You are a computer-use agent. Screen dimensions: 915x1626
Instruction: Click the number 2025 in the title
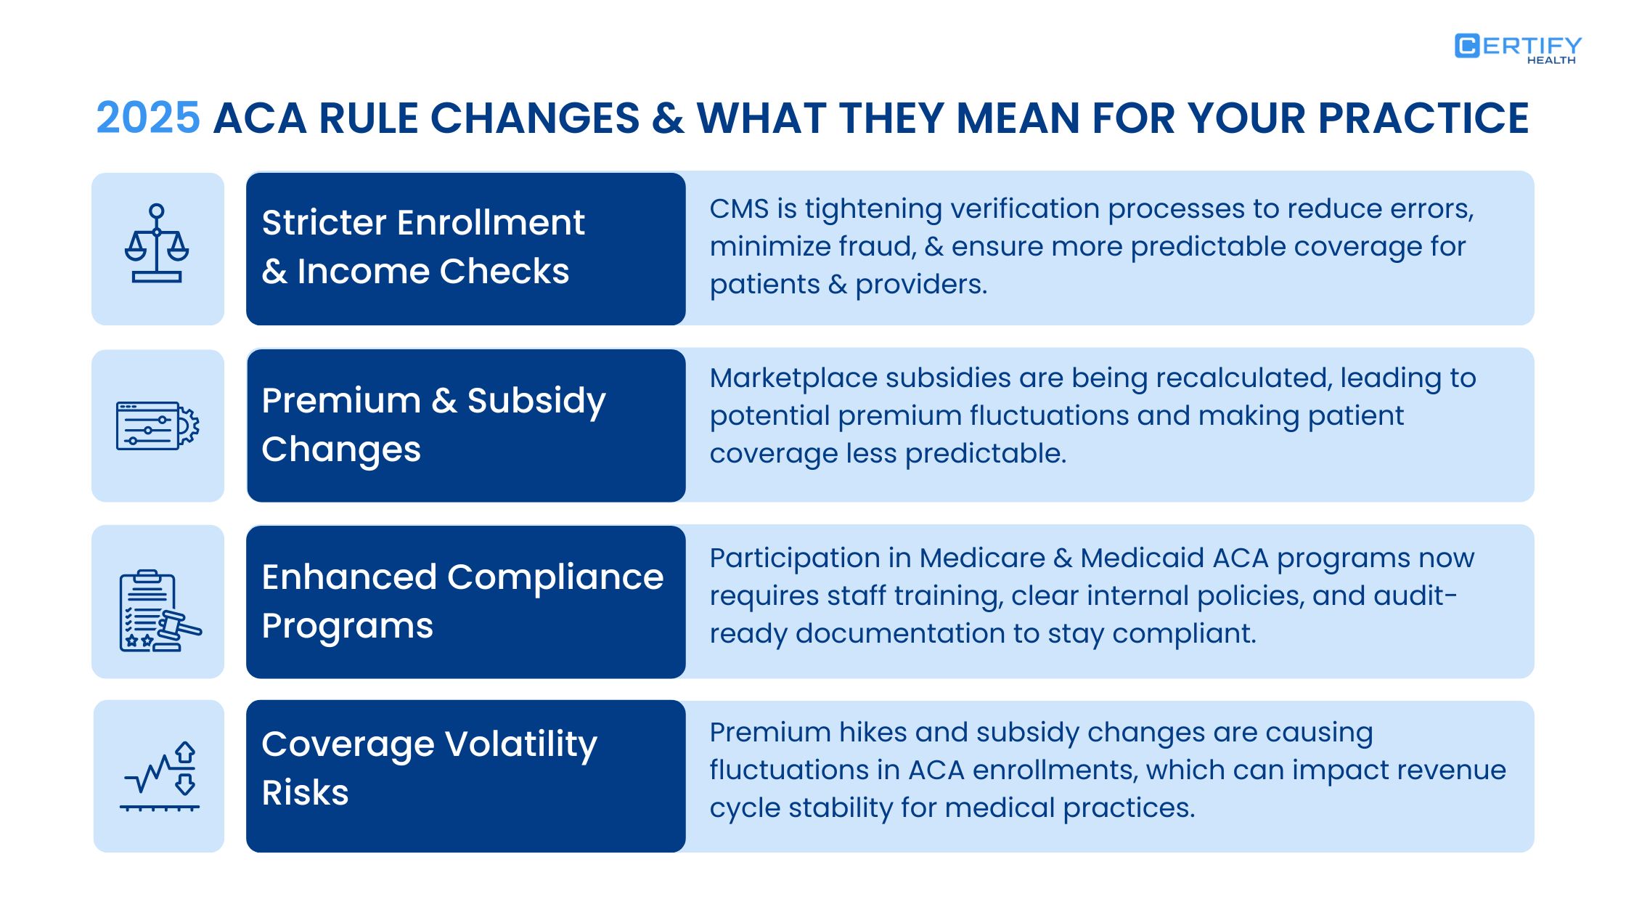click(148, 118)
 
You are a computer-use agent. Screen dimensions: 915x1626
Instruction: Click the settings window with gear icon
click(158, 426)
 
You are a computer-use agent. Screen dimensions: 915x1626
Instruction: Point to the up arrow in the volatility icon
click(185, 752)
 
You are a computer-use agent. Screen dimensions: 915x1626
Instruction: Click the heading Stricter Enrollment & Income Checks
click(423, 247)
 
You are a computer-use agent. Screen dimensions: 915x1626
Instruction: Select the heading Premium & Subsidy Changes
click(433, 424)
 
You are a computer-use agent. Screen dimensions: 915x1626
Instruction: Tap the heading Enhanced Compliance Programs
click(462, 601)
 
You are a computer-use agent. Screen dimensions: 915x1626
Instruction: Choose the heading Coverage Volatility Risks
click(429, 768)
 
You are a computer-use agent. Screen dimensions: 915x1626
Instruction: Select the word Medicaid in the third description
click(1142, 558)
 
